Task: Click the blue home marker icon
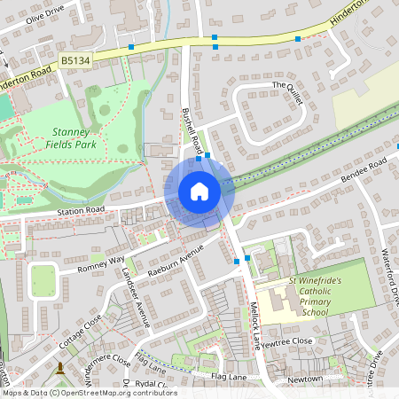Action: pos(199,192)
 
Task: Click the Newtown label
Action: pos(304,379)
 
